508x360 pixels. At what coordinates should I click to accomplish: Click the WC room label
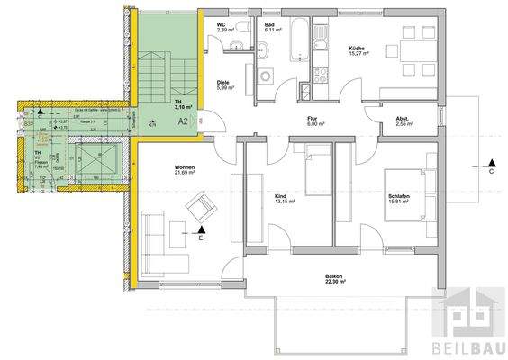coord(222,24)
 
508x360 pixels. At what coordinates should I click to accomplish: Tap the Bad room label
coord(269,24)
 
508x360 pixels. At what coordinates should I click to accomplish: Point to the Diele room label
coord(222,83)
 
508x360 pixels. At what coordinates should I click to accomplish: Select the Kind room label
coord(279,195)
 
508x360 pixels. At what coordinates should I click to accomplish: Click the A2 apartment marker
coord(182,120)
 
